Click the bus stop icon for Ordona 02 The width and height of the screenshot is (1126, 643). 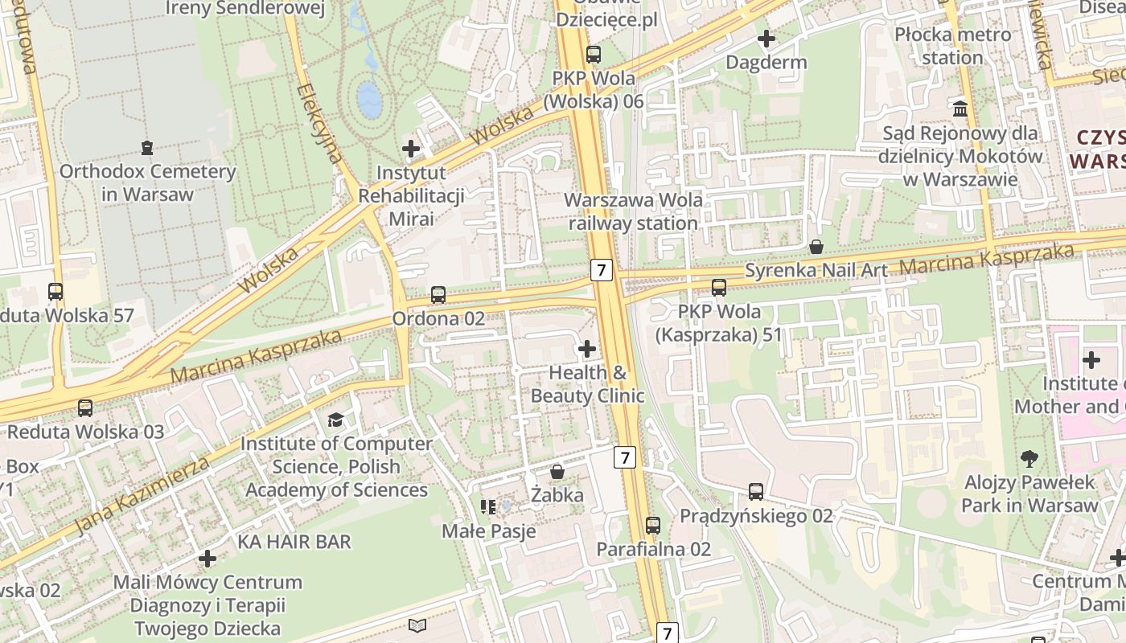tap(438, 295)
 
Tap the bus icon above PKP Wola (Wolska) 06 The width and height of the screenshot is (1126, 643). tap(594, 55)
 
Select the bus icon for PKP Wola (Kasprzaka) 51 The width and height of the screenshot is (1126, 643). tap(719, 288)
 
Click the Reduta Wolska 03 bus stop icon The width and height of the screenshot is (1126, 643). tap(85, 408)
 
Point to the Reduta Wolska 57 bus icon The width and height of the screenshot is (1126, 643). tap(55, 292)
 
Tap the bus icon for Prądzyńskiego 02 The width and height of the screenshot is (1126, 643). tap(756, 492)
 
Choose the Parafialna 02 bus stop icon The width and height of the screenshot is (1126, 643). tap(653, 526)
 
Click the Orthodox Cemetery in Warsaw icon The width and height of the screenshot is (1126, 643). tap(147, 148)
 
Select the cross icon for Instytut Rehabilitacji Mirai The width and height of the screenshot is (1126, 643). tap(411, 149)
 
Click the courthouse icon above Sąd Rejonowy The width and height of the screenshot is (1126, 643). tap(960, 109)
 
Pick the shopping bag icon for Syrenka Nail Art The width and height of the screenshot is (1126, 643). tap(816, 247)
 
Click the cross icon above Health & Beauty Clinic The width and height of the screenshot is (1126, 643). tap(587, 349)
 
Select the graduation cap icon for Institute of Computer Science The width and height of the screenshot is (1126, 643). tap(335, 420)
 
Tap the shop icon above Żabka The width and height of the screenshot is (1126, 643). tap(557, 472)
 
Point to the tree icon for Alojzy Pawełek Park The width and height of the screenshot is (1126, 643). tap(1029, 459)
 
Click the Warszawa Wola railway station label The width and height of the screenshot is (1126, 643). tap(633, 211)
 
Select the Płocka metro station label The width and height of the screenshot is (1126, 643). tap(953, 46)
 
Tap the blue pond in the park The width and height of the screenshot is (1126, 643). tap(369, 99)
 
